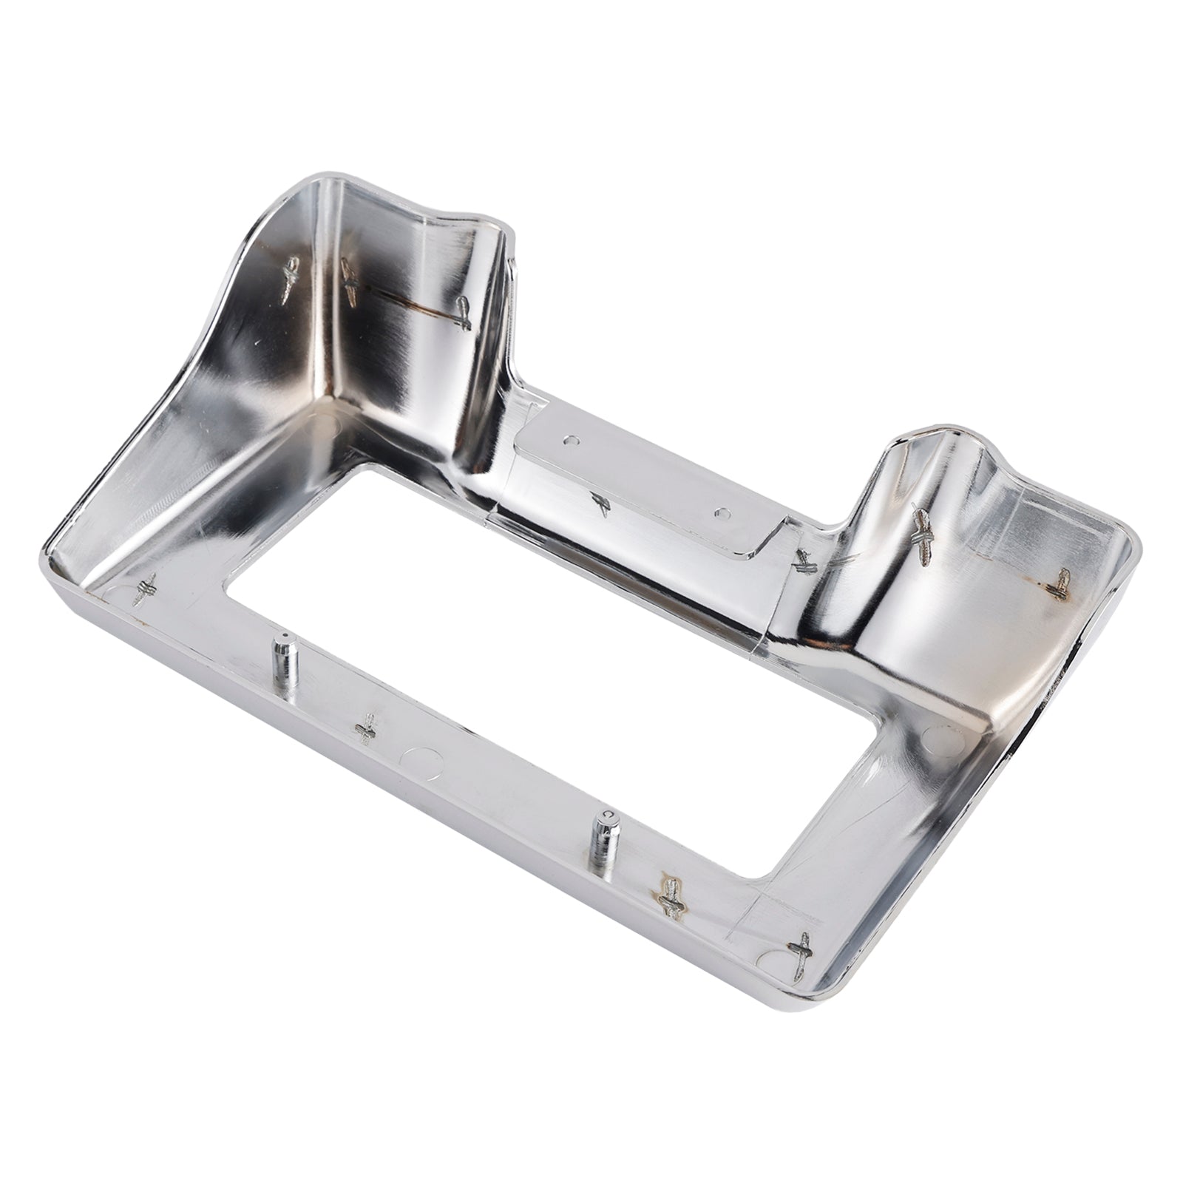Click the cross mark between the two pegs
click(x=365, y=729)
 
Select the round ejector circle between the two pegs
click(x=421, y=758)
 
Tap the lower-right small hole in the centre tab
click(x=721, y=511)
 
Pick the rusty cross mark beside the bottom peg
click(x=671, y=897)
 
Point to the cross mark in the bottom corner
click(x=801, y=954)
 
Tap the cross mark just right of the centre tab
click(x=803, y=562)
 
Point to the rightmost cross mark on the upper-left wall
click(x=462, y=313)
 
